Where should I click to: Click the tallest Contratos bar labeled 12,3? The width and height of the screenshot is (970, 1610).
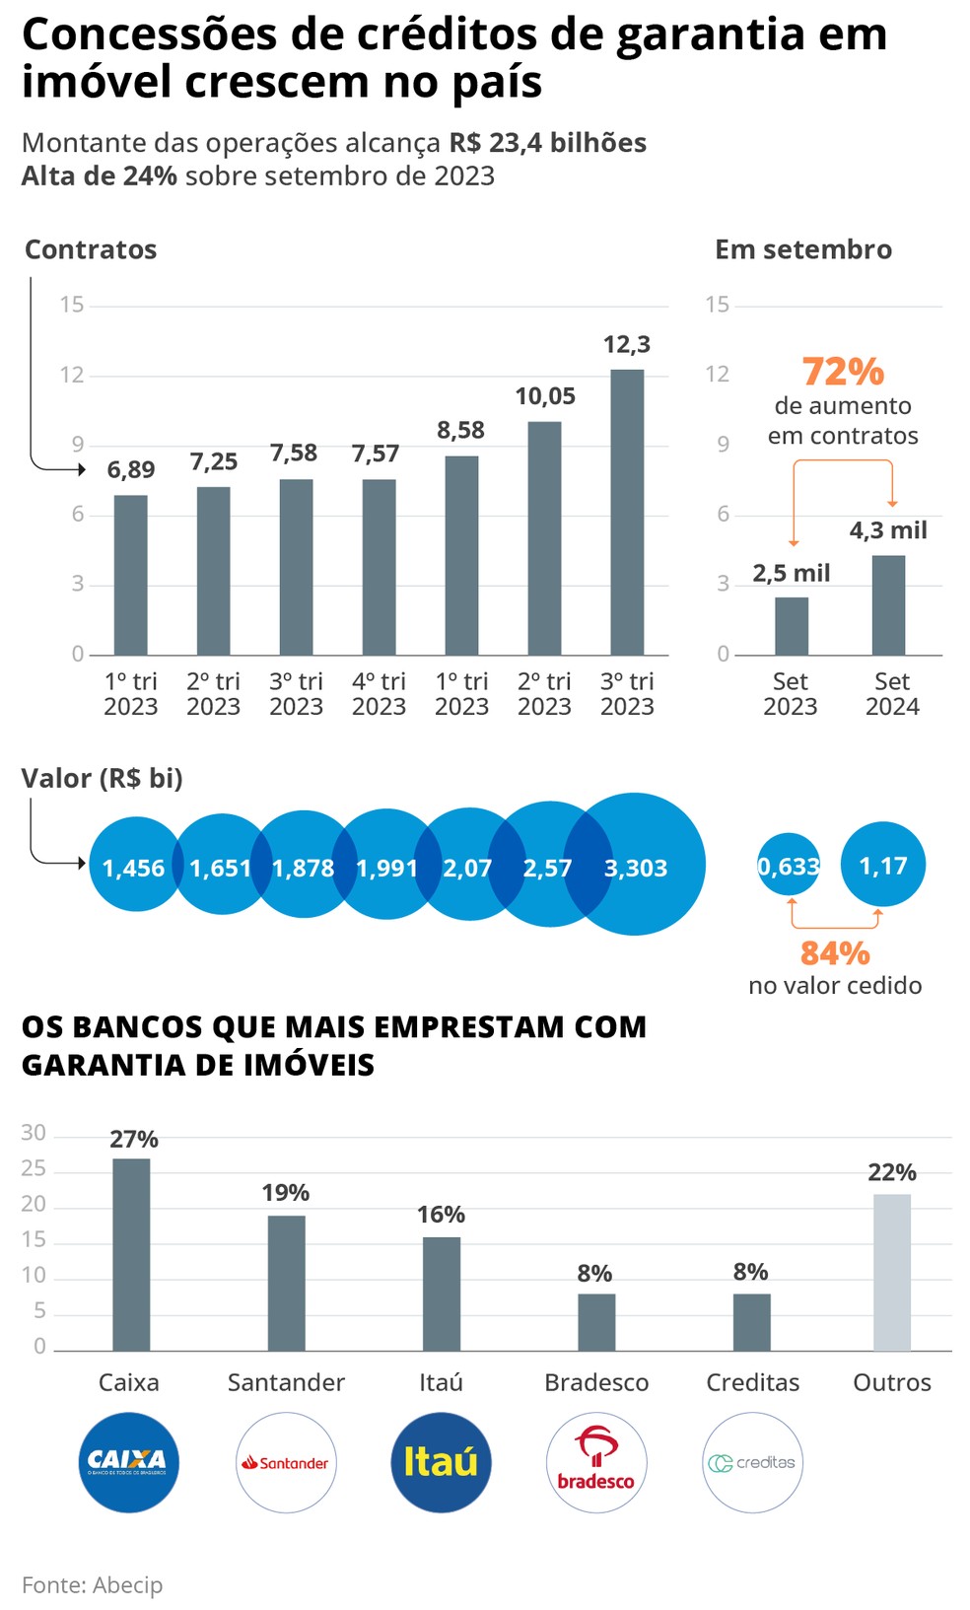coord(627,512)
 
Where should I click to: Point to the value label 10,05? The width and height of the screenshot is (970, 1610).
coord(545,396)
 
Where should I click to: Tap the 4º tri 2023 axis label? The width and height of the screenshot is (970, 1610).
coord(379,694)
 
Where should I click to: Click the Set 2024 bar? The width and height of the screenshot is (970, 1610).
coord(888,605)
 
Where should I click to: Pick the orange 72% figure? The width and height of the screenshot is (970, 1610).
coord(843,372)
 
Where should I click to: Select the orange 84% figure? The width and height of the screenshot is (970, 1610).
coord(835,953)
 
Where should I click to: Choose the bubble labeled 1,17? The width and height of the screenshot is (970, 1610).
coord(883,865)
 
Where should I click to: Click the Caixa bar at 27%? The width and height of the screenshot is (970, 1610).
coord(131,1254)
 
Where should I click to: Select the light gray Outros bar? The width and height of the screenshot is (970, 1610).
coord(892,1272)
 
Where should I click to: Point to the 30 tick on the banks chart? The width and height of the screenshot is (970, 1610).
coord(34,1133)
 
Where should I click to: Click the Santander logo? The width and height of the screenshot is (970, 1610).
coord(286,1462)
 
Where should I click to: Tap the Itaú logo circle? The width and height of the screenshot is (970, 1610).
coord(441,1462)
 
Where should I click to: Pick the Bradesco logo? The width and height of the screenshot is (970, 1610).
coord(596,1462)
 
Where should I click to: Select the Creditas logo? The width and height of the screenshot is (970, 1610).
coord(752,1462)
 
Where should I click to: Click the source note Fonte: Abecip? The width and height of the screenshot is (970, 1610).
coord(93,1584)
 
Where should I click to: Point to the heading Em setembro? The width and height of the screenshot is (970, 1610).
coord(803,249)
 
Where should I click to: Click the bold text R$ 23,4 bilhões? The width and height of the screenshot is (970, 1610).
coord(548,143)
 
